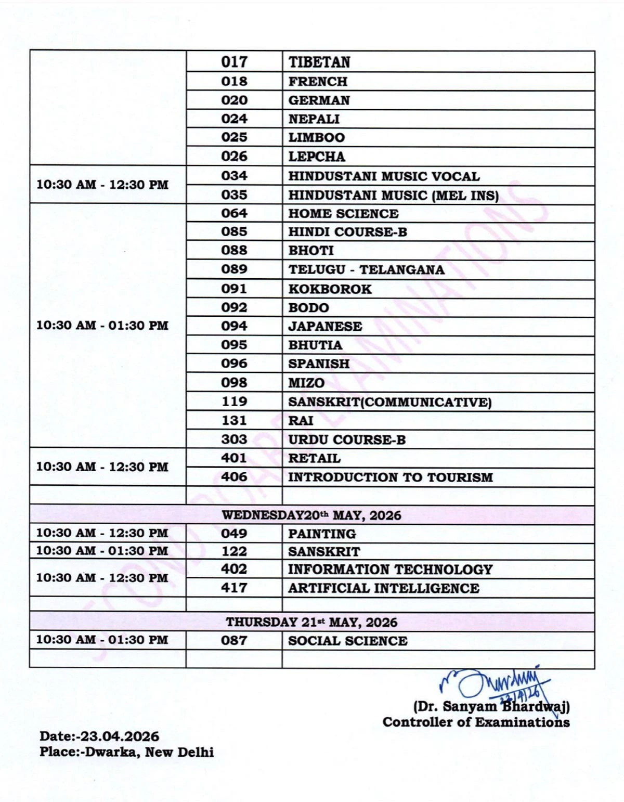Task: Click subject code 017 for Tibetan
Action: [234, 62]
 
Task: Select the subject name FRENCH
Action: [318, 82]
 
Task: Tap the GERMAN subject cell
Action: [319, 100]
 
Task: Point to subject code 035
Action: [234, 195]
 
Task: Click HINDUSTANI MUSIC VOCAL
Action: [384, 176]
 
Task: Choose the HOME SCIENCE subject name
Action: [343, 214]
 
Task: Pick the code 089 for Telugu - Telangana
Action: [234, 269]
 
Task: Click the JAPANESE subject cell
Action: [325, 327]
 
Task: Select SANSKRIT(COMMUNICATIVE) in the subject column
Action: [389, 402]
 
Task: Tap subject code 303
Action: [234, 439]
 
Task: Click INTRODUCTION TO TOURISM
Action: [390, 477]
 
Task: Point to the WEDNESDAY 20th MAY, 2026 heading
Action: [311, 515]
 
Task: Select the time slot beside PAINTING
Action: [102, 534]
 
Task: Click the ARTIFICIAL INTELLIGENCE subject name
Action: [383, 588]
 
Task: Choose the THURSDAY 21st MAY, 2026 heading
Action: [311, 623]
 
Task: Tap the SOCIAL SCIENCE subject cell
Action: [347, 641]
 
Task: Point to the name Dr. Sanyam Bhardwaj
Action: [491, 707]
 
